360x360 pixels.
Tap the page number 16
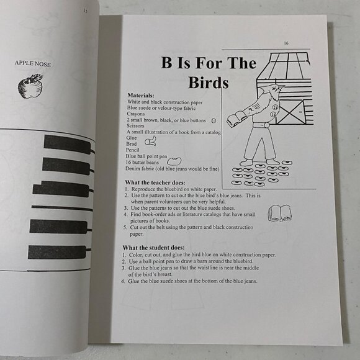[x=286, y=43]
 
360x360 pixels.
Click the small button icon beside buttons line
[x=213, y=120]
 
